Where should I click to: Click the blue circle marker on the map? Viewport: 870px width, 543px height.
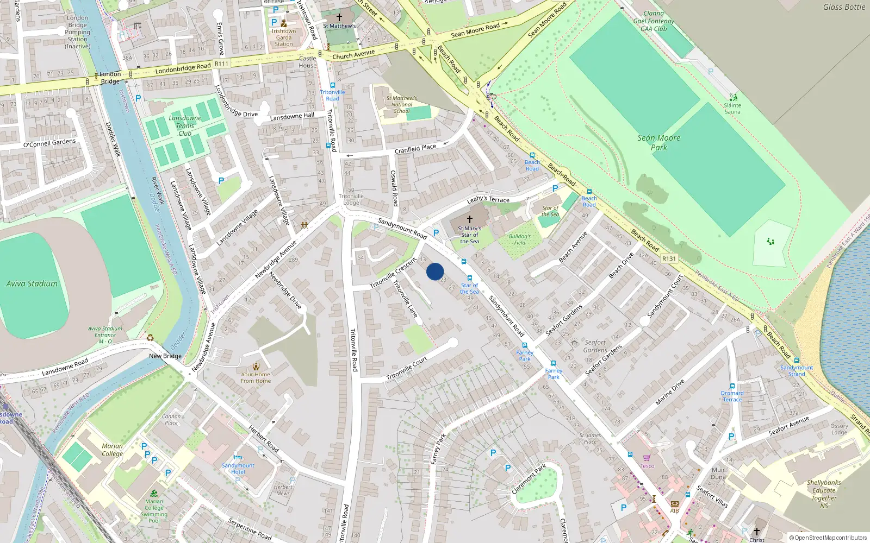click(435, 271)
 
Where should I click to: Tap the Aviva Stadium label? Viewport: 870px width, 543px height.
click(32, 283)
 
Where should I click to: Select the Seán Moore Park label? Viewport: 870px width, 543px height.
click(658, 142)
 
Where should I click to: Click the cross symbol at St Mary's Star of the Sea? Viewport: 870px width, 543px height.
click(470, 219)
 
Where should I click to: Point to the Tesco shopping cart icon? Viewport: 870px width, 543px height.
click(647, 458)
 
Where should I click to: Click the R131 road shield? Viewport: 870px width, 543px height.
click(669, 258)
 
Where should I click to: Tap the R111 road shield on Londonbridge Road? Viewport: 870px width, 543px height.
click(221, 64)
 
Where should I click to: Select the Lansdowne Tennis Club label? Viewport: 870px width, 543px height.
click(185, 125)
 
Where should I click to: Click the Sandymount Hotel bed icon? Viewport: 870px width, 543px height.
click(238, 457)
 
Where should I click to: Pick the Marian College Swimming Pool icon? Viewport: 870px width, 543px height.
click(154, 493)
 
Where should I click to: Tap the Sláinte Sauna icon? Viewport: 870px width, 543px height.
click(734, 98)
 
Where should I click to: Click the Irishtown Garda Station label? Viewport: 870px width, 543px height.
click(284, 37)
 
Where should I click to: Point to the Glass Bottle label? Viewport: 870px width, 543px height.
click(844, 7)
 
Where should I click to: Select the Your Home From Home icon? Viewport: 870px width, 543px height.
click(256, 367)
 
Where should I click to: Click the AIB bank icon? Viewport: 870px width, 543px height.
click(674, 503)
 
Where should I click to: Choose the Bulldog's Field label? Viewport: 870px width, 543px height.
click(520, 239)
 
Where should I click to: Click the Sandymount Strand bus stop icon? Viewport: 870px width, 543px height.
click(797, 360)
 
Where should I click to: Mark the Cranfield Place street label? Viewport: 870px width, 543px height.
click(415, 148)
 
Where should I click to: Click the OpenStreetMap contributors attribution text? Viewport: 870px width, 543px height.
click(828, 538)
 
